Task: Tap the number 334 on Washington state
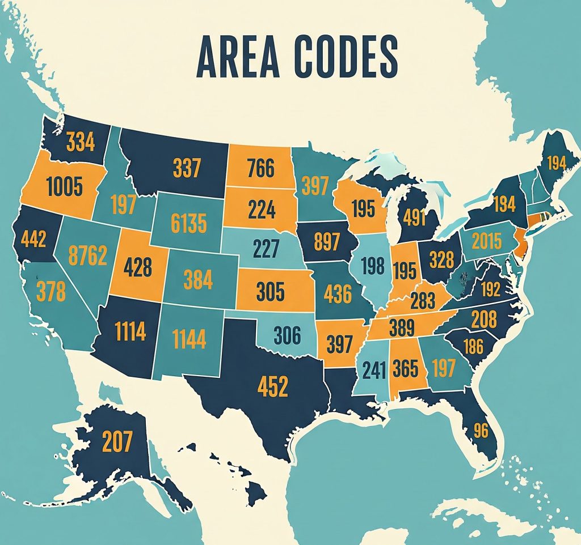[80, 142]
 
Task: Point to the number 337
[187, 168]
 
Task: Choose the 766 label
[261, 168]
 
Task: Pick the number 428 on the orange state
[137, 267]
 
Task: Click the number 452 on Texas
[273, 386]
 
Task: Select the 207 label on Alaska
[117, 441]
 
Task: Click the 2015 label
[487, 241]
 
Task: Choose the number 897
[327, 240]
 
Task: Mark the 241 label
[374, 369]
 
